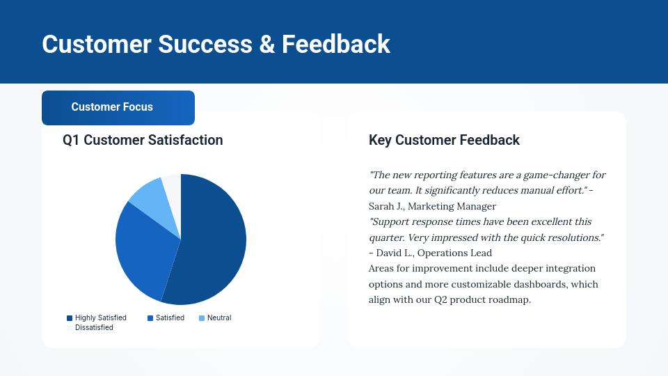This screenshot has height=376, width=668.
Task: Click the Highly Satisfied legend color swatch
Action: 70,318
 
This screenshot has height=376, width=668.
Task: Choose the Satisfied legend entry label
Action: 170,318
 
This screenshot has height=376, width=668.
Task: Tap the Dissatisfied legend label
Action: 94,327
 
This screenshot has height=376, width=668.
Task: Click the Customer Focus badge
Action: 118,108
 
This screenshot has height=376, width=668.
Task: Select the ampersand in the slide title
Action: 267,44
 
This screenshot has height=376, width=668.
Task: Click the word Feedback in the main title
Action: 335,44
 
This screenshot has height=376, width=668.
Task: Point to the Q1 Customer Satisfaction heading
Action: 143,140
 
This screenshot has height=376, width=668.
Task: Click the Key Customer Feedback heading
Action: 444,140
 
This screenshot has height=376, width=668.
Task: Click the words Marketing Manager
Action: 452,206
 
